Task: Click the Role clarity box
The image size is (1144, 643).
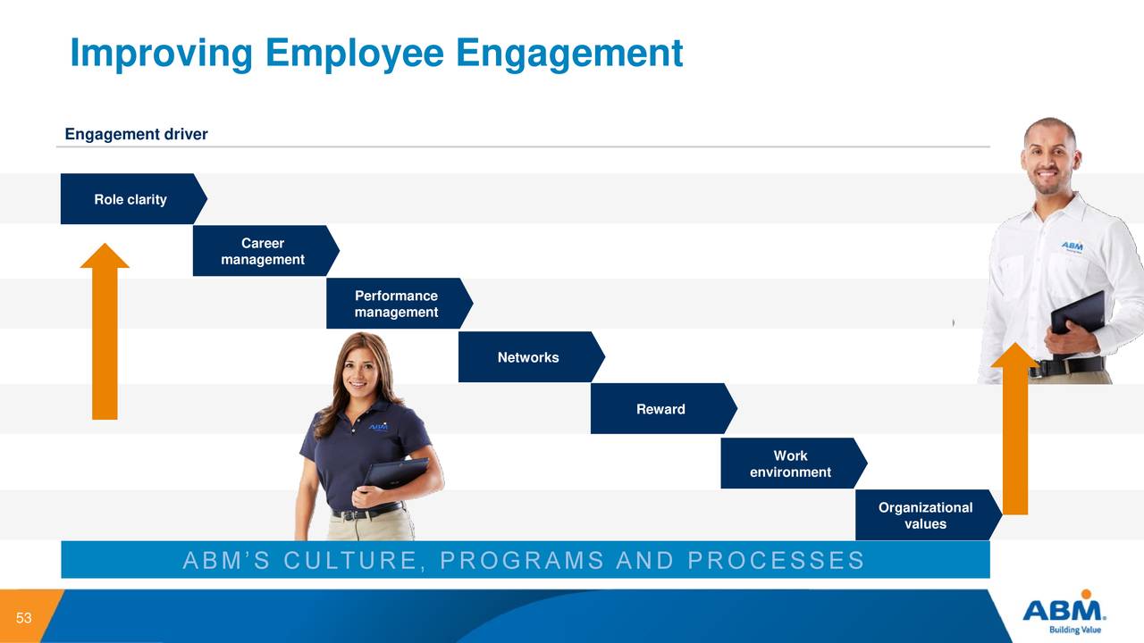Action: click(134, 199)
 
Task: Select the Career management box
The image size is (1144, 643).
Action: click(266, 251)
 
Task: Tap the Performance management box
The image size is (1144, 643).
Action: click(400, 303)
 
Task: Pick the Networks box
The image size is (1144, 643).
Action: click(532, 356)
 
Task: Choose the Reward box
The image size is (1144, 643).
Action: click(664, 409)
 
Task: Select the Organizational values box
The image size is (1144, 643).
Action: click(929, 515)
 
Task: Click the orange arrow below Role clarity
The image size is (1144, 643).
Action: click(105, 331)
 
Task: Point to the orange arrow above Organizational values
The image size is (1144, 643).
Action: click(1015, 429)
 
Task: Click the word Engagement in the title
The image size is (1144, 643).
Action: click(569, 54)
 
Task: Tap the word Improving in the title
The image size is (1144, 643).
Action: click(162, 54)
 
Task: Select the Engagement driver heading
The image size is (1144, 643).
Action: click(137, 134)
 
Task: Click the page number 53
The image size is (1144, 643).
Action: click(23, 618)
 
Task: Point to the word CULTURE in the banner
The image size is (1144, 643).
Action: click(350, 560)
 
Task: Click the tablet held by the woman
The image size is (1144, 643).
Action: click(396, 473)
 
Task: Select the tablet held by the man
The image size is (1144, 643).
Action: click(1078, 313)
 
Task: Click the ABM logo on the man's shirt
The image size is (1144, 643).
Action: click(1072, 247)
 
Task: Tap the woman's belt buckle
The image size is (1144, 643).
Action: click(349, 515)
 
